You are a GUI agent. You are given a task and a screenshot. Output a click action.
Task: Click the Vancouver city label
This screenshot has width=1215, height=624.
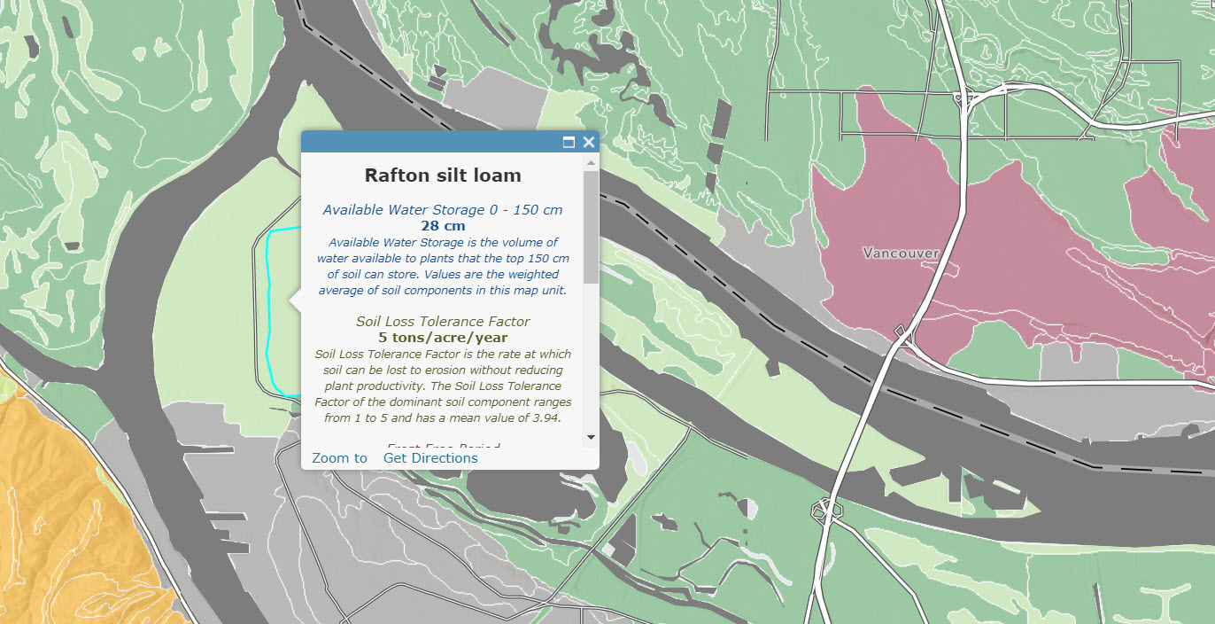pos(901,253)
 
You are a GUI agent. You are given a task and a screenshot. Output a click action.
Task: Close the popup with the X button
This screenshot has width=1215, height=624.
pos(589,142)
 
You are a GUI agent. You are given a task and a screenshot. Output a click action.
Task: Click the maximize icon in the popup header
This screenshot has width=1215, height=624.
pos(569,142)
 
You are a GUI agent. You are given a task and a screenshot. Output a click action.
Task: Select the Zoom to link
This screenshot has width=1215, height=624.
pos(339,458)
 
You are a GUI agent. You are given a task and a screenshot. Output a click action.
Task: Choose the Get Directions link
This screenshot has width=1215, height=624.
pos(430,458)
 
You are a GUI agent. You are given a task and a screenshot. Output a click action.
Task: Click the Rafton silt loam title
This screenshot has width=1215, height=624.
pos(443,175)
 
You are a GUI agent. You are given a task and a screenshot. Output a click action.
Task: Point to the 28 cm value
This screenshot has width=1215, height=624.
pos(443,226)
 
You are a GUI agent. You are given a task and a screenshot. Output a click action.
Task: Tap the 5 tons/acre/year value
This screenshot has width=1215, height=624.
pos(443,338)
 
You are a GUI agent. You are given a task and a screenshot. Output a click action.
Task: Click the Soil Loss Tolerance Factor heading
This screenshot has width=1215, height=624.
pos(443,322)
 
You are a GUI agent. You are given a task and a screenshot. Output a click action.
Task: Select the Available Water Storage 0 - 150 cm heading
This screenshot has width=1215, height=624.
pos(443,210)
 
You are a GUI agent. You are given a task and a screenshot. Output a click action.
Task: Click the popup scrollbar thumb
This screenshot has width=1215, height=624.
pos(591,226)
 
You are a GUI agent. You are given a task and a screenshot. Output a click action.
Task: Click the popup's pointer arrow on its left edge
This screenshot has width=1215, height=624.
pos(296,303)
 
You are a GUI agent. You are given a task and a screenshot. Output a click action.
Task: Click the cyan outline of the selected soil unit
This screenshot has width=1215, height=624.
pos(268,310)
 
